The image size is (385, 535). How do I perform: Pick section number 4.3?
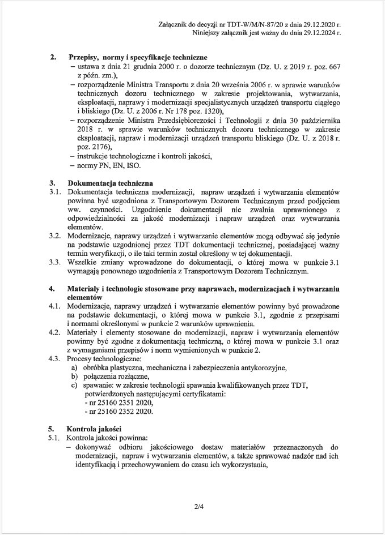coord(55,358)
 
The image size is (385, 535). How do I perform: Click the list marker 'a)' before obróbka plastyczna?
coord(73,367)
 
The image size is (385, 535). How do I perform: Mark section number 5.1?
coord(55,438)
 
